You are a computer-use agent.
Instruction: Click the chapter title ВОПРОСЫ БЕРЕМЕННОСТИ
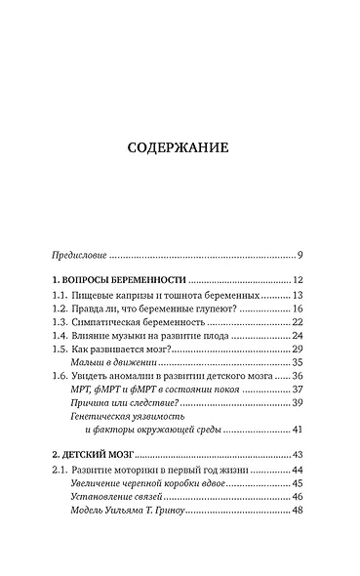(120, 281)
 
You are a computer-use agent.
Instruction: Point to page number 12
(298, 281)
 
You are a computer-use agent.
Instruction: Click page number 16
(298, 309)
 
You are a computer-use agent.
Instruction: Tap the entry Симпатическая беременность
(134, 322)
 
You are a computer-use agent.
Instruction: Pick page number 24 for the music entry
(298, 336)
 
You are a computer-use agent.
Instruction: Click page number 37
(298, 390)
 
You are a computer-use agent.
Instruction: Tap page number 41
(298, 430)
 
